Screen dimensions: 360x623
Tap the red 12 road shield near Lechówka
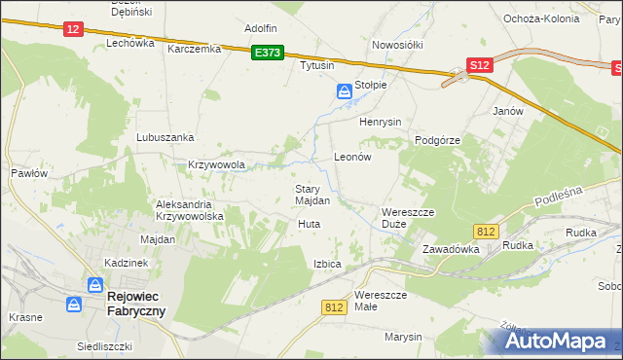coord(73,29)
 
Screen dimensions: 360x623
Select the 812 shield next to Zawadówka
coord(488,231)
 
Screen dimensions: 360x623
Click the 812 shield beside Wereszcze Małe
coord(334,306)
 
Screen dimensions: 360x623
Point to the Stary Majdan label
coord(312,195)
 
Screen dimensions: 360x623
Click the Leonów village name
coord(353,156)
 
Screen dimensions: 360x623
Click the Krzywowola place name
coord(216,164)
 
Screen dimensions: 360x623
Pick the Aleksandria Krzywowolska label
coord(191,210)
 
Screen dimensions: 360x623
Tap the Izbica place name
coord(327,264)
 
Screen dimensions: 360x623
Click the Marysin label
coord(403,337)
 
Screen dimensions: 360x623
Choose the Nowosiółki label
coord(395,45)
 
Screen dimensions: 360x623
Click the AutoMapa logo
coord(554,341)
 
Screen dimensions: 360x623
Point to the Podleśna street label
coord(558,197)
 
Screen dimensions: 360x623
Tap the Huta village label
coord(309,224)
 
